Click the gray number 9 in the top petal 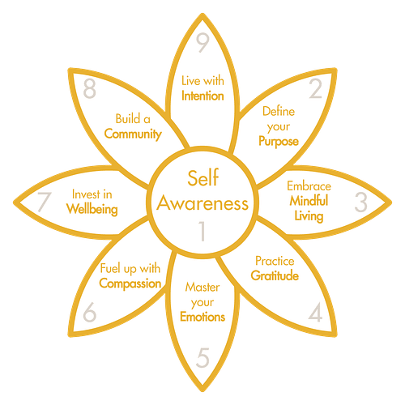[202, 43]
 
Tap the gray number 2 [315, 88]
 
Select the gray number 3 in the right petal [360, 202]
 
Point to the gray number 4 [315, 312]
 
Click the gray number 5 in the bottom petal [202, 357]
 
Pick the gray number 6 [90, 312]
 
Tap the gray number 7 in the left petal [44, 202]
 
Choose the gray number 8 [90, 88]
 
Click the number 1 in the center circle [202, 231]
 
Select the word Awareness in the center [202, 203]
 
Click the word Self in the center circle [203, 177]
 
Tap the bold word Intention [202, 96]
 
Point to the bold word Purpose [279, 142]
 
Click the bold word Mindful [309, 201]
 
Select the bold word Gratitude [275, 275]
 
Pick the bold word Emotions [202, 317]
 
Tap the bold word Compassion [130, 283]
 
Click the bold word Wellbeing [92, 210]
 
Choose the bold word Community [133, 134]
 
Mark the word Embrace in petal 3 [309, 186]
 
